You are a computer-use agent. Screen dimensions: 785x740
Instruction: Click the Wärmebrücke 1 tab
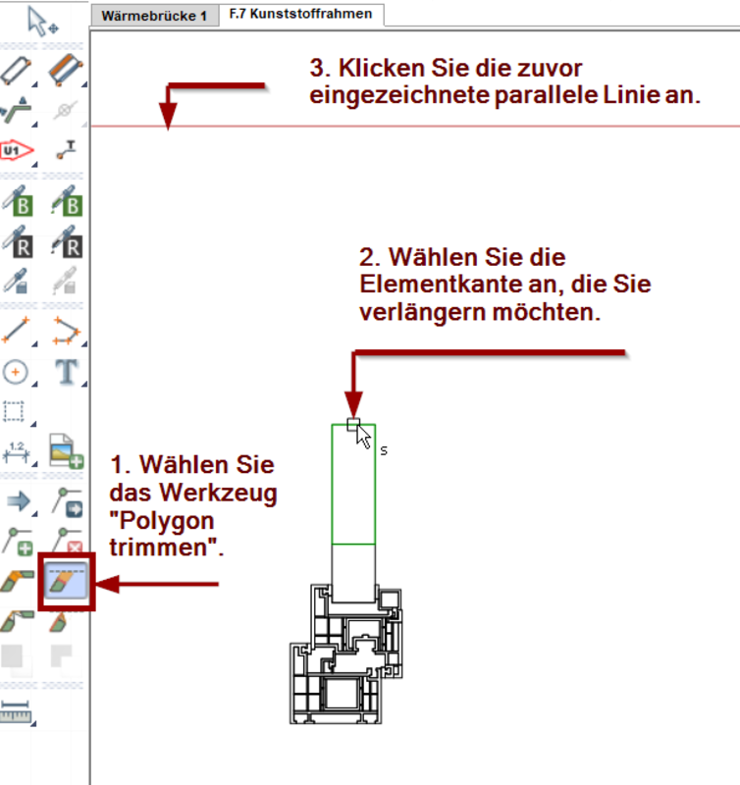(x=154, y=16)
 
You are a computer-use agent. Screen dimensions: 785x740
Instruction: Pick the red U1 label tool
(x=18, y=150)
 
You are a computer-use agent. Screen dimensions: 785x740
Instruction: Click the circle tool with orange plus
(x=18, y=371)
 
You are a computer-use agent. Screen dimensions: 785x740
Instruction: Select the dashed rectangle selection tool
(x=16, y=411)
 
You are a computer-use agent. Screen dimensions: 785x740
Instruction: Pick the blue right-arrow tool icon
(x=18, y=501)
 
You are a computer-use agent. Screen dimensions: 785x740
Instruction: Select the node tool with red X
(x=67, y=541)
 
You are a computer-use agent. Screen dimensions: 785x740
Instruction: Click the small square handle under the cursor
(x=354, y=424)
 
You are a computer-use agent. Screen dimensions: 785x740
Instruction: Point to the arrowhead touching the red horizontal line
(x=169, y=120)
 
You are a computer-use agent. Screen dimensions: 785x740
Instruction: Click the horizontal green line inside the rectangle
(x=353, y=544)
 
